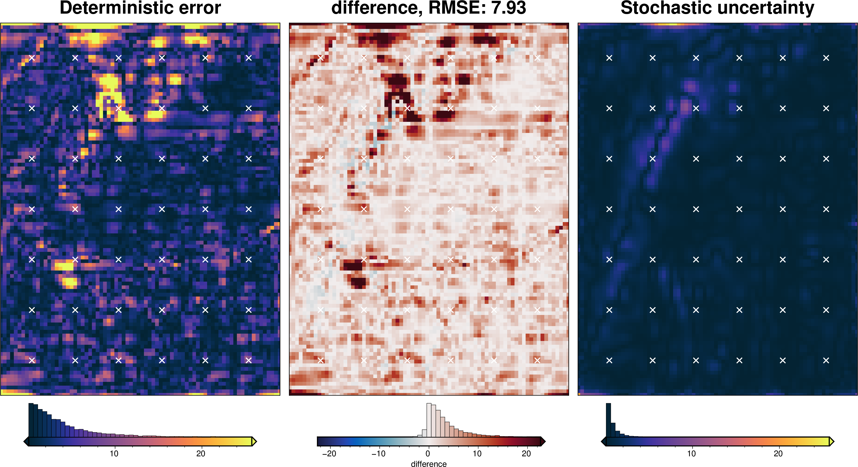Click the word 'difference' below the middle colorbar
coord(429,464)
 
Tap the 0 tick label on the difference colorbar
coord(428,453)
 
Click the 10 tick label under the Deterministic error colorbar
coord(114,453)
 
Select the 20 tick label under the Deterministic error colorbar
coord(201,453)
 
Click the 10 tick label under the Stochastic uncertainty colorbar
coord(691,453)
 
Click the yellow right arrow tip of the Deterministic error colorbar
coord(254,442)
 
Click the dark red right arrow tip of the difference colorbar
coord(543,442)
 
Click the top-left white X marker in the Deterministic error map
coord(32,58)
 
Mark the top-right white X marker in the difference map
coord(537,58)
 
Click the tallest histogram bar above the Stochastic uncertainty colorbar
coord(608,420)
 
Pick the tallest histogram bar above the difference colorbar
coord(429,420)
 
